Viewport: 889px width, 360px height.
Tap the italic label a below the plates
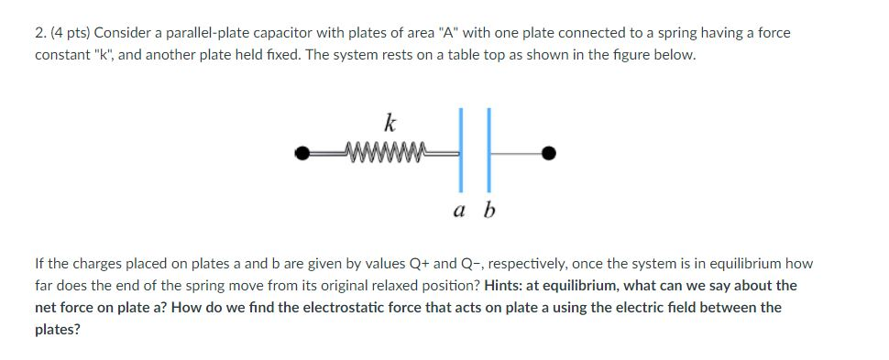pos(457,212)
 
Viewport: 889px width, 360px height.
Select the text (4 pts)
pos(67,33)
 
